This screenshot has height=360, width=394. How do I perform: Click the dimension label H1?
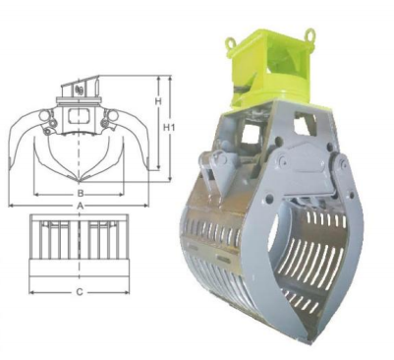[x=169, y=127]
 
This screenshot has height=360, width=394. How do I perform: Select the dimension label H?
[x=158, y=101]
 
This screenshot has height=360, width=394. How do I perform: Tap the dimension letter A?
[x=80, y=206]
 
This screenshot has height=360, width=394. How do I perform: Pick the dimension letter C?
[x=80, y=292]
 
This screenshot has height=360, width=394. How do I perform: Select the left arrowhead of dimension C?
[x=32, y=292]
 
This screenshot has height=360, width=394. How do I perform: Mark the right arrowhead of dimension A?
[x=145, y=206]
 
